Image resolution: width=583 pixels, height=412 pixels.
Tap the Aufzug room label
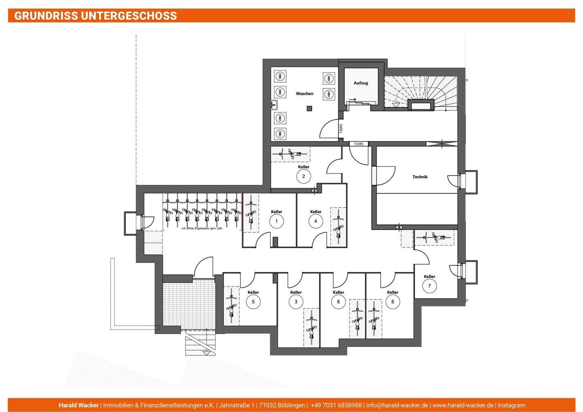(x=361, y=83)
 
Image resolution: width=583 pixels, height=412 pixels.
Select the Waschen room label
(x=304, y=93)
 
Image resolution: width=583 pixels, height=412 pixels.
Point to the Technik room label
(x=420, y=177)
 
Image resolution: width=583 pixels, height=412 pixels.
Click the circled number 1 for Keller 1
(x=277, y=221)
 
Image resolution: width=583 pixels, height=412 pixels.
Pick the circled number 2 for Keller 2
(x=303, y=176)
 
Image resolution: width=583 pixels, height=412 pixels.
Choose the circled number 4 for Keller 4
(x=316, y=221)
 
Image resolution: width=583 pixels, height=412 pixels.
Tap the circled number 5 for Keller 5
(x=253, y=302)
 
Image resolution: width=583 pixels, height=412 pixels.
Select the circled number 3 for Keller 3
(x=296, y=302)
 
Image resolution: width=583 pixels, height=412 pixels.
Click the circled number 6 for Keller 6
(x=338, y=302)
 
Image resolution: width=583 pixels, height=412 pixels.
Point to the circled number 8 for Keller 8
(x=392, y=302)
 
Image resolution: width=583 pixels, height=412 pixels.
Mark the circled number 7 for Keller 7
(x=430, y=286)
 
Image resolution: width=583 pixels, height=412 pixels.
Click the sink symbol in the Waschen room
(x=274, y=105)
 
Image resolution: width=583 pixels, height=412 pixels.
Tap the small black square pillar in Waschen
(x=310, y=108)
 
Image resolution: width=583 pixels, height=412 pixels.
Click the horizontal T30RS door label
(x=359, y=144)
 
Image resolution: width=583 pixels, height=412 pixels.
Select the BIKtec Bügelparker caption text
(x=202, y=228)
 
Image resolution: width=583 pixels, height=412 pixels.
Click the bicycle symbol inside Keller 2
(x=291, y=154)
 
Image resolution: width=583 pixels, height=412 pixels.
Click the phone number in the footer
(x=336, y=405)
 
